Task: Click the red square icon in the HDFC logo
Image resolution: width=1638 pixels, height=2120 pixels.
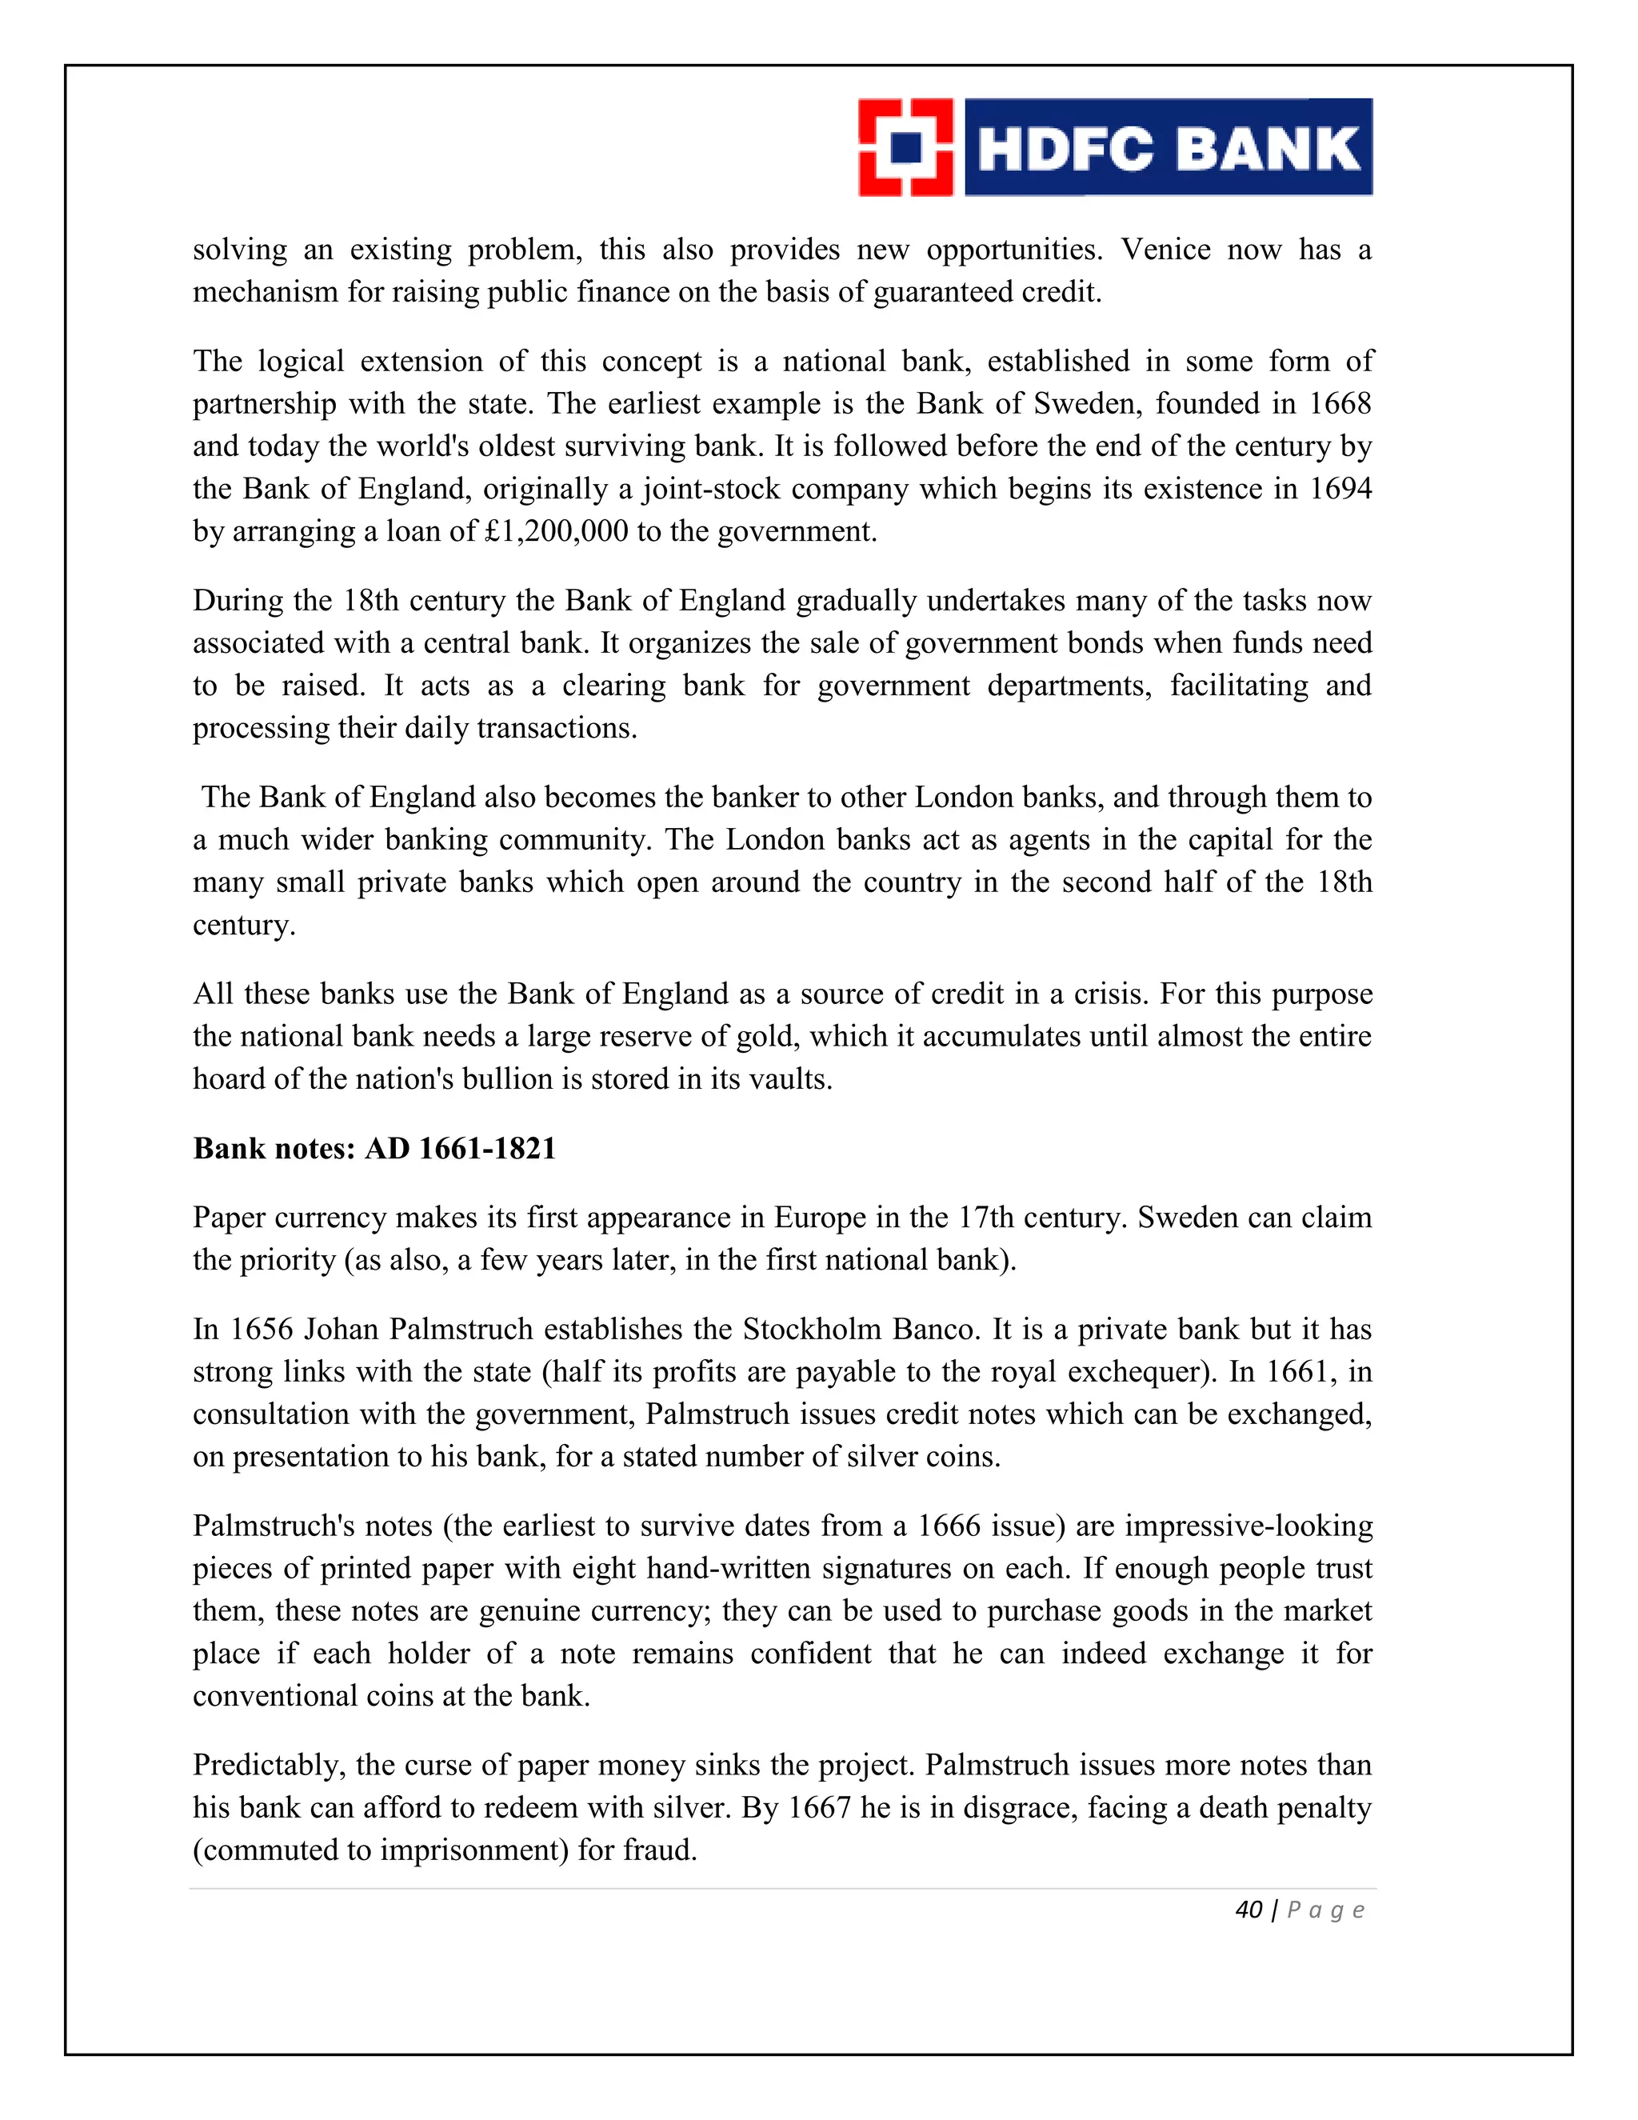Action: click(x=905, y=147)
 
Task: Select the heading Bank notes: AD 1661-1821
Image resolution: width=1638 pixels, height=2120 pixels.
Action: click(x=374, y=1148)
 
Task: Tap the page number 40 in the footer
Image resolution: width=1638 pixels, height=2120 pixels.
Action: click(x=1248, y=1910)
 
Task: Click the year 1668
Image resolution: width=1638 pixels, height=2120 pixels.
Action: click(x=1340, y=403)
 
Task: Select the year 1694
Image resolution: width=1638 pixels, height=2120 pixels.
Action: click(x=1340, y=488)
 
